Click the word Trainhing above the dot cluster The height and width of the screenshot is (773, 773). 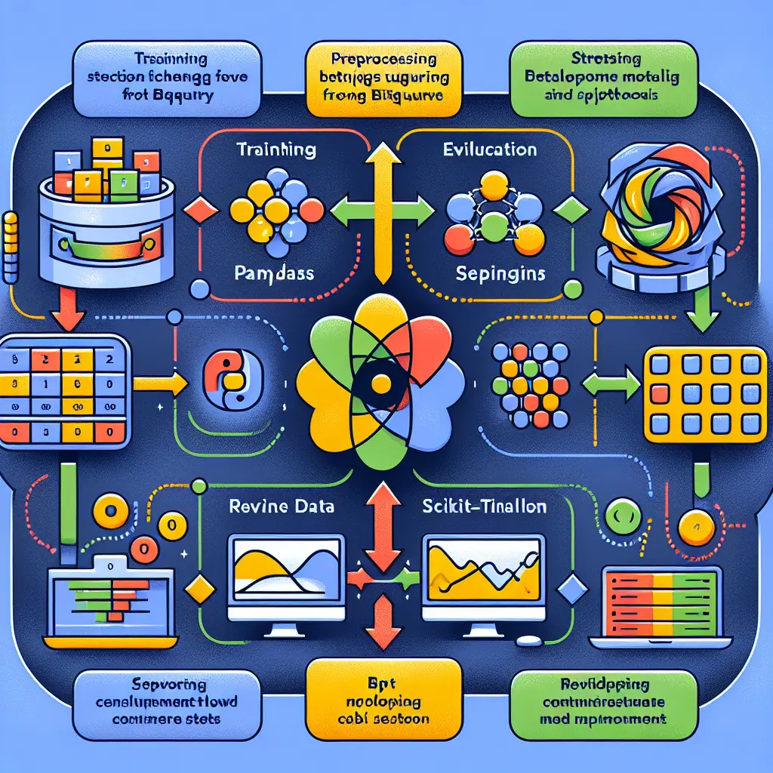pos(276,150)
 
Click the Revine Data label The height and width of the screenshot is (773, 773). pos(280,507)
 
